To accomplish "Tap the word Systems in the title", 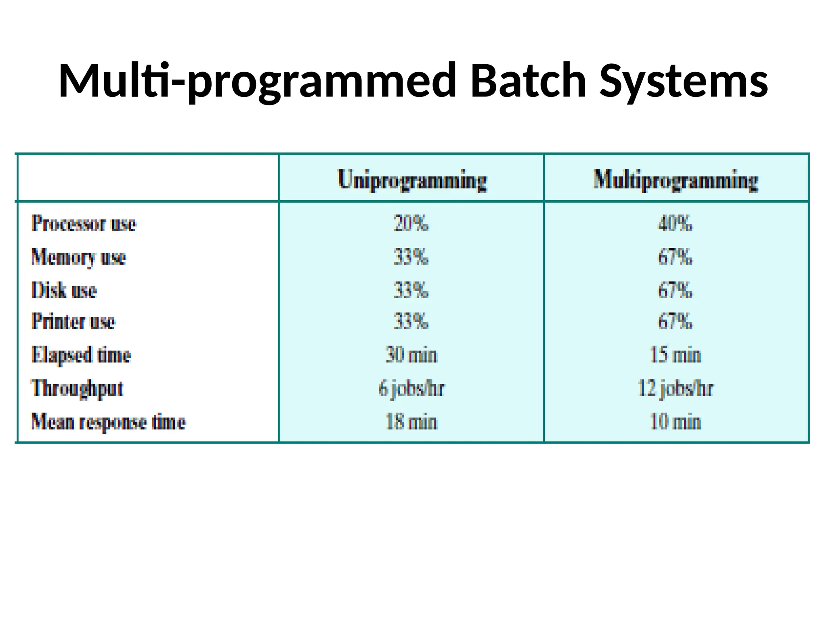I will pyautogui.click(x=684, y=81).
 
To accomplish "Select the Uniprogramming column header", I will pyautogui.click(x=412, y=180).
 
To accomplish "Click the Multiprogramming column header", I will pyautogui.click(x=676, y=180).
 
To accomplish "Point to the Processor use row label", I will pyautogui.click(x=84, y=224).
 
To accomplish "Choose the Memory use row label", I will pyautogui.click(x=78, y=257).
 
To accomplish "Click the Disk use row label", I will pyautogui.click(x=64, y=290).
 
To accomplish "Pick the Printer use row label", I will pyautogui.click(x=73, y=322).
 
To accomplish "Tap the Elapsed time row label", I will pyautogui.click(x=81, y=355).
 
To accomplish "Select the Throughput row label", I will pyautogui.click(x=77, y=389).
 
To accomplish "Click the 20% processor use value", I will pyautogui.click(x=411, y=224).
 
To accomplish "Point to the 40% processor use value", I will pyautogui.click(x=675, y=224).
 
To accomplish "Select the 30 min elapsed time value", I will pyautogui.click(x=411, y=355).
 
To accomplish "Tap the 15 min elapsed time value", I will pyautogui.click(x=675, y=355).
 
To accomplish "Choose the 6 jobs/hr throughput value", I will pyautogui.click(x=411, y=389).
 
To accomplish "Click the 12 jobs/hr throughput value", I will pyautogui.click(x=675, y=389).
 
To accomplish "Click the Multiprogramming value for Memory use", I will pyautogui.click(x=675, y=257).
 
